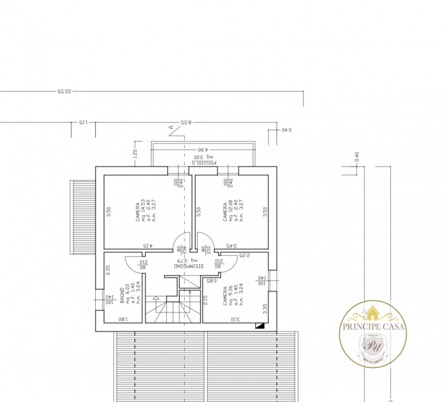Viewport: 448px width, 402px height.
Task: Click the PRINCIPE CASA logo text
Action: coord(374,328)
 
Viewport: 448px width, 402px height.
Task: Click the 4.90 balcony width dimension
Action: coord(202,150)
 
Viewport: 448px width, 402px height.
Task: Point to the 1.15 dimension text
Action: coord(82,122)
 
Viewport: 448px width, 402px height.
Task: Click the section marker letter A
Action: coord(171,128)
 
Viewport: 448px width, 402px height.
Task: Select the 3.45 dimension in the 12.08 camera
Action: coord(231,246)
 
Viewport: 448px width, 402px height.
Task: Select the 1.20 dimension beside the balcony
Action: coord(135,153)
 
